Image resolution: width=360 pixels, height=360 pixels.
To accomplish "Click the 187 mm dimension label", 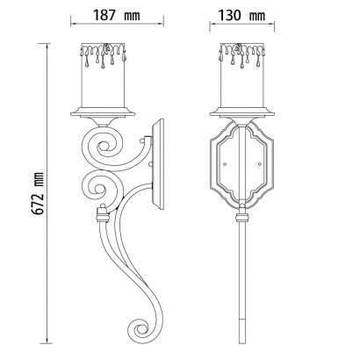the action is click(x=117, y=15).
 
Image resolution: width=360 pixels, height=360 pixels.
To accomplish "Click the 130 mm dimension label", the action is click(x=241, y=15).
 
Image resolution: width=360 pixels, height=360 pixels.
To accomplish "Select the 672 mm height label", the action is click(x=38, y=194).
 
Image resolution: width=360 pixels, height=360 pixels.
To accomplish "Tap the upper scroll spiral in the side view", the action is click(x=104, y=146).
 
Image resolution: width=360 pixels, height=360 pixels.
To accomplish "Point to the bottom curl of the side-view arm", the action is click(x=140, y=330).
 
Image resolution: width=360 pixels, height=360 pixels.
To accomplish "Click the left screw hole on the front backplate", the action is click(x=225, y=164).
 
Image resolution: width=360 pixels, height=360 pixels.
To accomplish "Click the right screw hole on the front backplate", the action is click(x=259, y=164).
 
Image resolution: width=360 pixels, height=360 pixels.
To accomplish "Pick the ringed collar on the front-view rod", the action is click(x=242, y=218).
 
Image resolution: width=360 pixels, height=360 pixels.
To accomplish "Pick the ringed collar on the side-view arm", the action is click(x=103, y=217).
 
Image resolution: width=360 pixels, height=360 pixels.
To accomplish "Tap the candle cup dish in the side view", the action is click(x=103, y=112).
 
